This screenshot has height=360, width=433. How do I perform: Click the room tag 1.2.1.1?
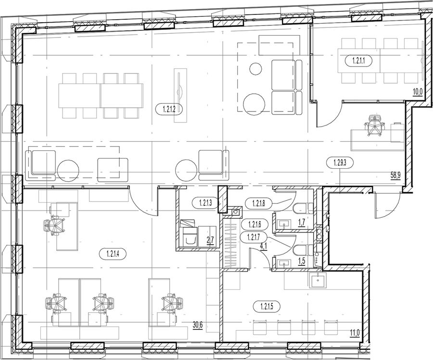coord(359,61)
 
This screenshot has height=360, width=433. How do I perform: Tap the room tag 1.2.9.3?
coord(340,162)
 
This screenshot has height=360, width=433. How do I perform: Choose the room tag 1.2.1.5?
coord(267,306)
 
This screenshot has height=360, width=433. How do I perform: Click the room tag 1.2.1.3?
coord(205,204)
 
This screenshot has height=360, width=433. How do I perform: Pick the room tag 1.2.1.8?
coord(259,204)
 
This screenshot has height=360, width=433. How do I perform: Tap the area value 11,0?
coord(356,333)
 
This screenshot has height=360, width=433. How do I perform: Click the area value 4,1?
coord(263,246)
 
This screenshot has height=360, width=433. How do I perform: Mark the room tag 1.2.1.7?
coord(254,236)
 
